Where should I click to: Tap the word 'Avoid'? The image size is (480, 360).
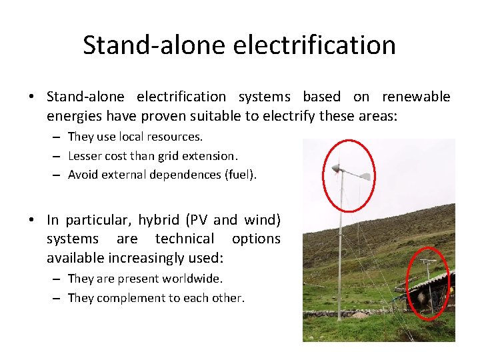click(83, 175)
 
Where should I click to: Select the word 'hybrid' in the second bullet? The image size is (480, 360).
click(158, 219)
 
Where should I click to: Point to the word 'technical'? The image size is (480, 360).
click(185, 239)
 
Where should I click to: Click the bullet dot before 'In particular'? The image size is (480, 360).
click(33, 219)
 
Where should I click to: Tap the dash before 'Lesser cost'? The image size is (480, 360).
click(58, 156)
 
